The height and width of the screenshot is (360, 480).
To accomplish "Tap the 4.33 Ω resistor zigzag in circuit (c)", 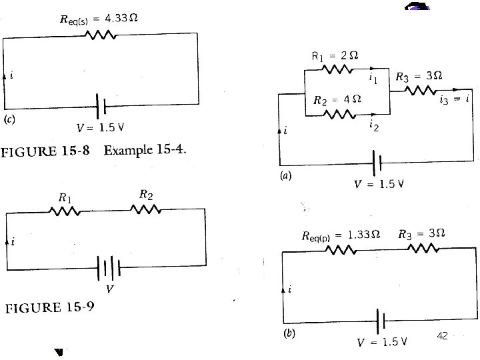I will click(x=101, y=35).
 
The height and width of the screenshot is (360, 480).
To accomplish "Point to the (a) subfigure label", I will click(x=285, y=177).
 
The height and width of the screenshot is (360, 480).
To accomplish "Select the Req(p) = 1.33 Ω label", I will click(x=341, y=235).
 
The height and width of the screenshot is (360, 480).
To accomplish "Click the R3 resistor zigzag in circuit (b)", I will click(x=422, y=248).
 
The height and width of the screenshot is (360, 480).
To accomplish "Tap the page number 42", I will click(x=441, y=335).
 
